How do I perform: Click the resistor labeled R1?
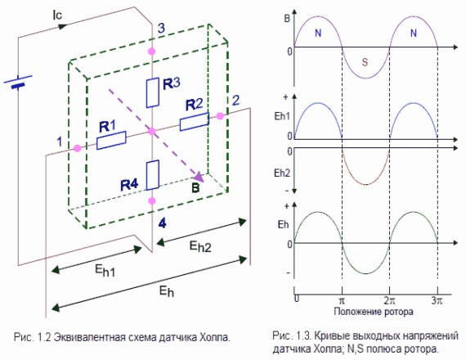111,140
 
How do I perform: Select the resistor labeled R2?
195,121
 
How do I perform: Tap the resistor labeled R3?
153,92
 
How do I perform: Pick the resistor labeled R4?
153,175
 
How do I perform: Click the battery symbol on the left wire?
18,83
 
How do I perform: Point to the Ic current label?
57,15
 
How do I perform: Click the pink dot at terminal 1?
78,148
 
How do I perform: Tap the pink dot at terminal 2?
220,116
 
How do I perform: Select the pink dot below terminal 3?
152,52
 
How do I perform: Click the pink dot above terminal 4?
152,200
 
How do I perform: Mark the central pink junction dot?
152,131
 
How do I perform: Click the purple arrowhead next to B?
199,177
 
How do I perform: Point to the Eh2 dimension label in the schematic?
200,247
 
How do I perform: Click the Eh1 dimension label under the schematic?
105,271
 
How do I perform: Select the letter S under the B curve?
365,62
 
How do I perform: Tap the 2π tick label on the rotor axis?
389,300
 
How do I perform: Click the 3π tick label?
437,300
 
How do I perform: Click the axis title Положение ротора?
374,312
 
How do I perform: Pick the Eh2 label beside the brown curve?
282,173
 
